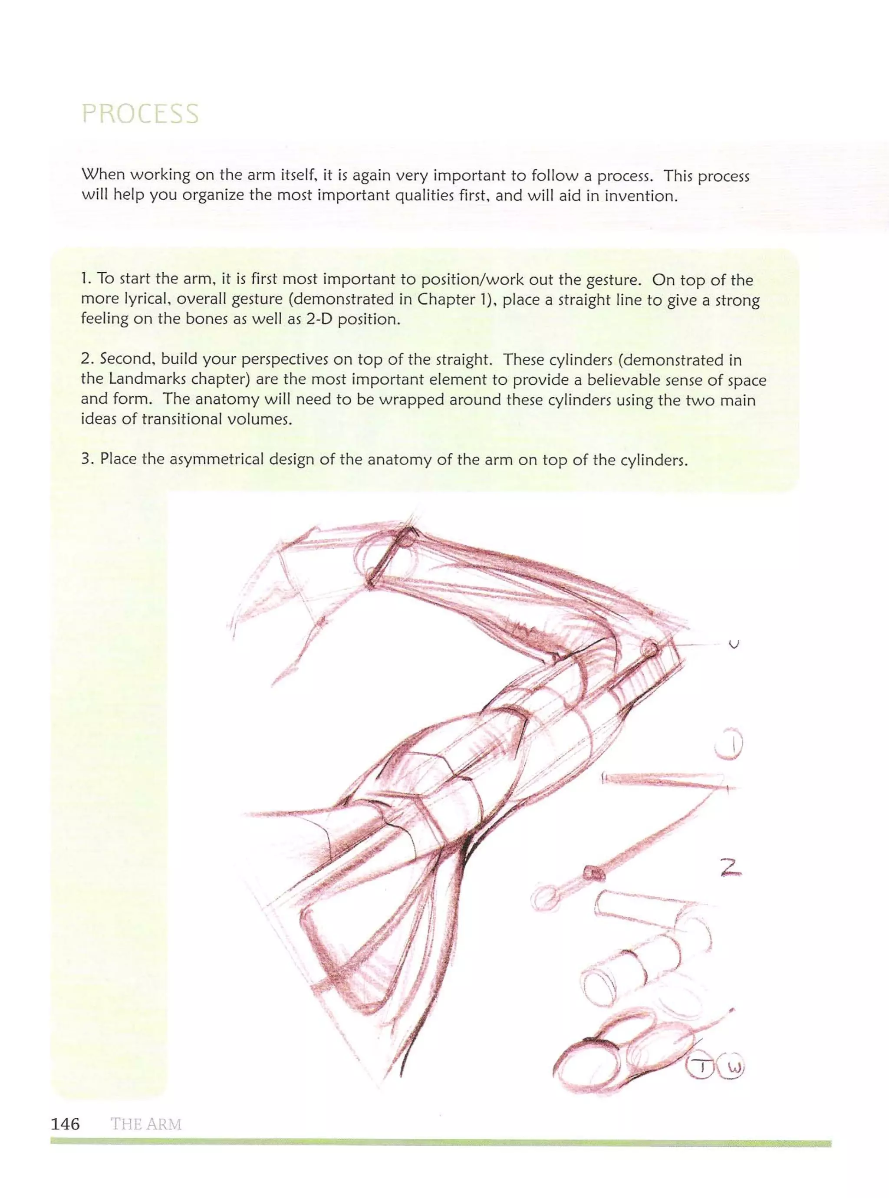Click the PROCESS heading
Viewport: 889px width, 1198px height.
tap(140, 114)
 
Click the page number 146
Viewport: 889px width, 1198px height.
tap(65, 1123)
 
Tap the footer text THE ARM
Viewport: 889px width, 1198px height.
tap(146, 1124)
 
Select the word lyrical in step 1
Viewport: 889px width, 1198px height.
tap(143, 300)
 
